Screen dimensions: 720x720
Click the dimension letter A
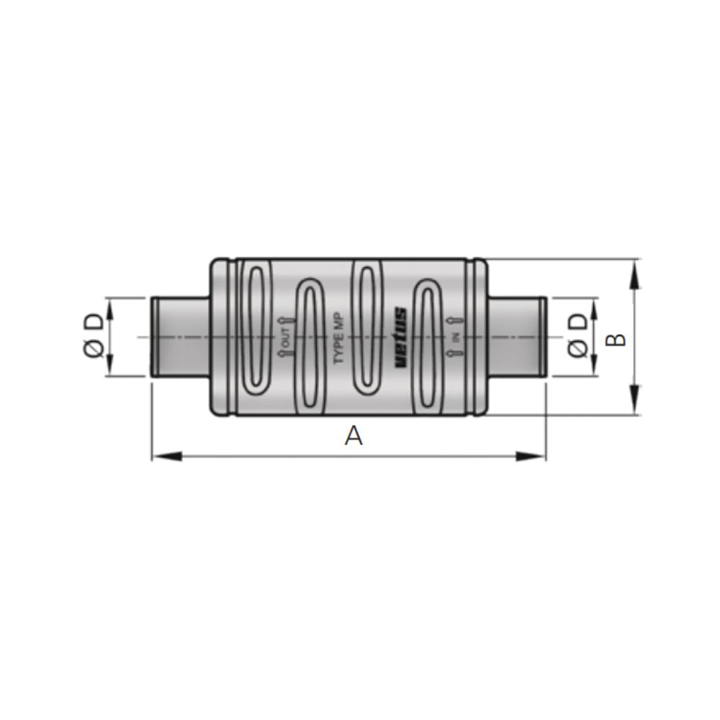click(353, 436)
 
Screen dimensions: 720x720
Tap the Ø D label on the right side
click(577, 337)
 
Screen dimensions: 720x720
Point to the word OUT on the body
click(285, 337)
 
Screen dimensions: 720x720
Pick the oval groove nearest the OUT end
click(256, 328)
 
